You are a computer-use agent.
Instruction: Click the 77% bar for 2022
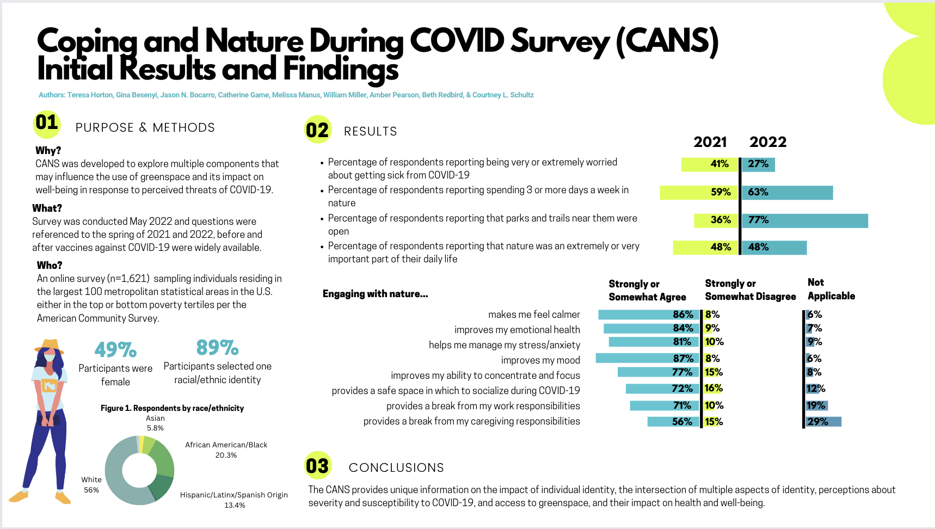(804, 220)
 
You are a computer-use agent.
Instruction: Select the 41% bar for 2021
(710, 164)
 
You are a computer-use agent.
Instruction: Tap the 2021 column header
(710, 142)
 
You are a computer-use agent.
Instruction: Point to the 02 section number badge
(317, 130)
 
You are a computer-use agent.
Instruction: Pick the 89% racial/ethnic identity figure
(217, 347)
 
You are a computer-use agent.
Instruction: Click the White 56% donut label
(91, 484)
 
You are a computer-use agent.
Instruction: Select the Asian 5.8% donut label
(155, 423)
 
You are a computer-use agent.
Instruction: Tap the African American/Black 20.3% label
(226, 450)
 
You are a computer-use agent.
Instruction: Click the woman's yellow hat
(50, 346)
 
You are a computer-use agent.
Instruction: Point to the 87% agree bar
(647, 358)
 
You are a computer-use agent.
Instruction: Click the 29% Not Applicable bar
(823, 422)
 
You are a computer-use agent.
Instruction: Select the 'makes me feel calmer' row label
(534, 315)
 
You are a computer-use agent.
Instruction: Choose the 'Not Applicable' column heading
(831, 289)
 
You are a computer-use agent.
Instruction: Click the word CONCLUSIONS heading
(396, 468)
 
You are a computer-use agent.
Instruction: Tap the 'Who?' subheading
(50, 265)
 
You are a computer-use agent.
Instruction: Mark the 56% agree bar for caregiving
(673, 422)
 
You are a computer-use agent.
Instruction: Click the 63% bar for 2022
(787, 193)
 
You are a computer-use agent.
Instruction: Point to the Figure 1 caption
(172, 408)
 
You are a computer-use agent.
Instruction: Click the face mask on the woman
(50, 358)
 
